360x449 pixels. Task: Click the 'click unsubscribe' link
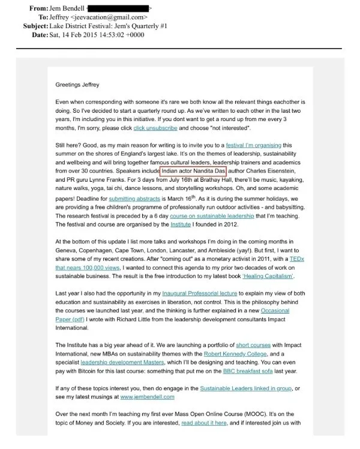(155, 128)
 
